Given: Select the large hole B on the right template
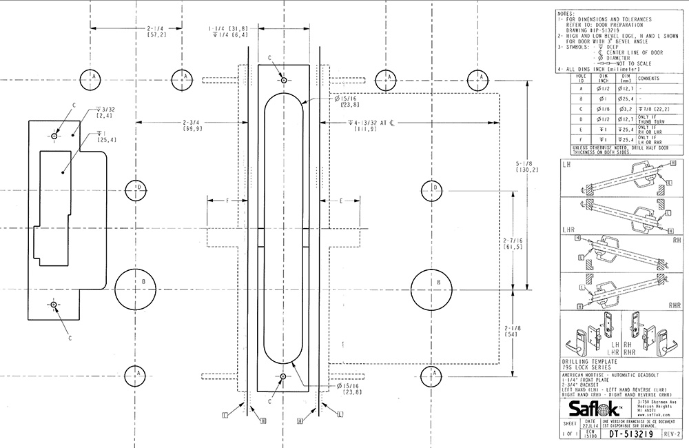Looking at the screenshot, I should coord(435,283).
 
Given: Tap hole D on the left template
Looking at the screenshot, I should coord(138,187).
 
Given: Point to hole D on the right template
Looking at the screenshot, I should coord(435,187).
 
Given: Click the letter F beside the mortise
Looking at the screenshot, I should coord(227,201).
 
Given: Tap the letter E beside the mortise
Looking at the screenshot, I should coord(341,201).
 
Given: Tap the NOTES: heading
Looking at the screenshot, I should coord(566,13).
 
